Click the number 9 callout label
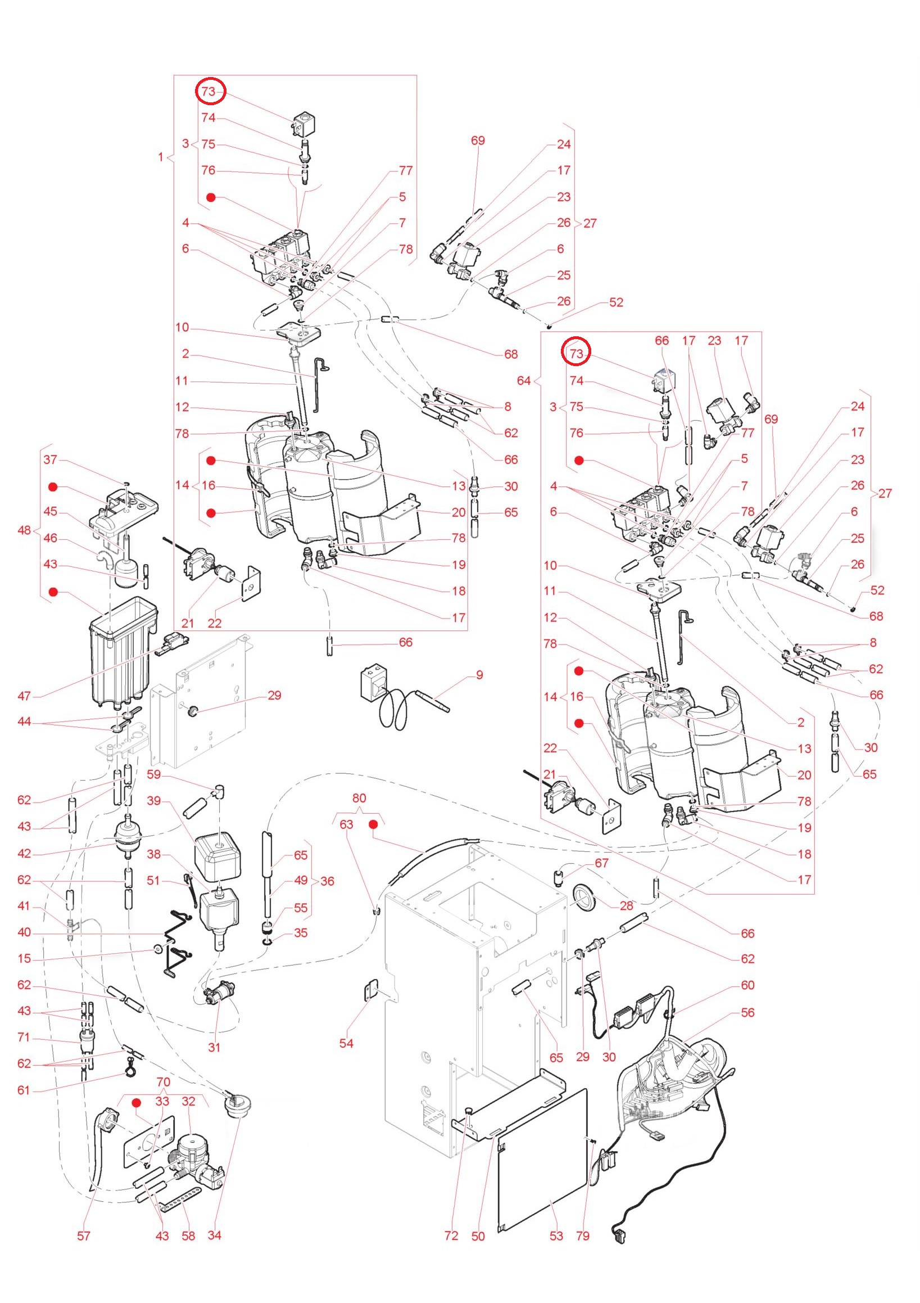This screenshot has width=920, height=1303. [479, 675]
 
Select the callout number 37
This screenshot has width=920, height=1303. [51, 459]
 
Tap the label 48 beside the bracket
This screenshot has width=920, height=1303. [24, 530]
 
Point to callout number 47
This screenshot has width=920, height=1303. [24, 696]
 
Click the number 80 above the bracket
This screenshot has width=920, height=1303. [359, 798]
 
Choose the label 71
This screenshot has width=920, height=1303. [23, 1038]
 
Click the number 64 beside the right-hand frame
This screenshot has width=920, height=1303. [524, 380]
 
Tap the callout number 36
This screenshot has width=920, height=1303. [327, 881]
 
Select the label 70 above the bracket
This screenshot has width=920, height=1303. [163, 1081]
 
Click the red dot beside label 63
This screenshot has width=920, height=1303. [374, 824]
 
